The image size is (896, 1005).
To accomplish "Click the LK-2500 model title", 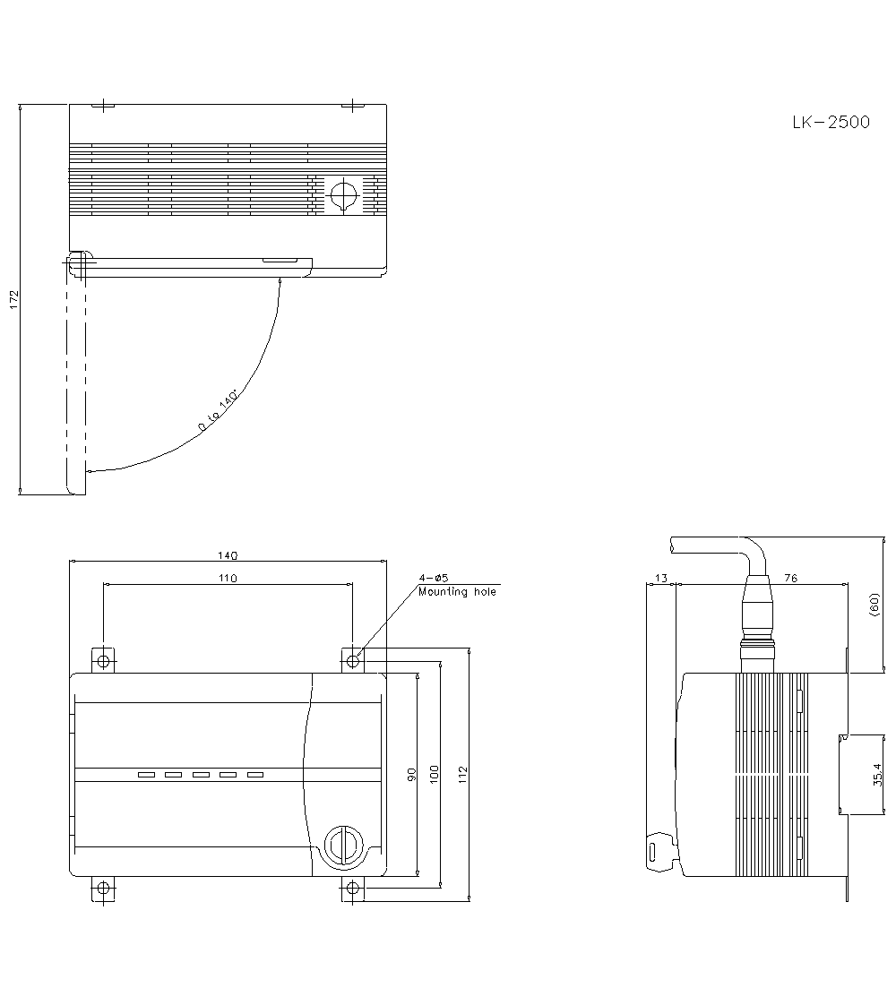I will pyautogui.click(x=830, y=123).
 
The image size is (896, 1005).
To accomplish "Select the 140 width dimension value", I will pyautogui.click(x=228, y=555).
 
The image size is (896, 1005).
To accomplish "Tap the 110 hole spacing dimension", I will pyautogui.click(x=228, y=579).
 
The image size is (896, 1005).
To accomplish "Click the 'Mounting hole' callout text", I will pyautogui.click(x=456, y=592).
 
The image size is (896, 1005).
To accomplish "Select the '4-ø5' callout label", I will pyautogui.click(x=433, y=579).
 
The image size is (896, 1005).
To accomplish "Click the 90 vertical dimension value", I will pyautogui.click(x=412, y=774).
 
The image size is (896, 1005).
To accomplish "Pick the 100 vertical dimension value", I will pyautogui.click(x=435, y=774).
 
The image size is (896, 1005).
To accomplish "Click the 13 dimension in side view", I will pyautogui.click(x=661, y=579).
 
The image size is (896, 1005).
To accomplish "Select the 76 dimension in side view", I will pyautogui.click(x=790, y=579).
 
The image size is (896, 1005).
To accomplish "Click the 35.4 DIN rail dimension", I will pyautogui.click(x=876, y=774).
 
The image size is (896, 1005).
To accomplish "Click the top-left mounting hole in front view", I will pyautogui.click(x=104, y=661).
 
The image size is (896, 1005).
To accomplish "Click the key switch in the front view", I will pyautogui.click(x=341, y=845).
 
